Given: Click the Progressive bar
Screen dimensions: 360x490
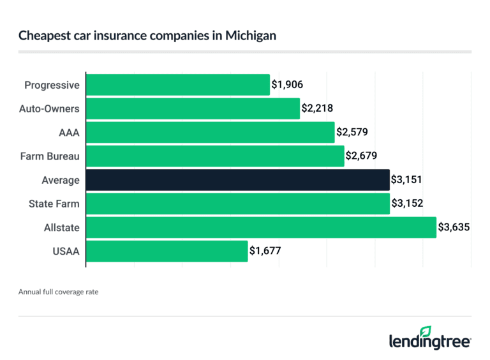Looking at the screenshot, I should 177,85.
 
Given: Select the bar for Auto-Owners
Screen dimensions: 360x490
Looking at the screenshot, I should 193,109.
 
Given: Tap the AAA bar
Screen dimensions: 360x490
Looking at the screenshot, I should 210,132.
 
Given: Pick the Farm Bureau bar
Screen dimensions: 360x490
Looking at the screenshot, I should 215,156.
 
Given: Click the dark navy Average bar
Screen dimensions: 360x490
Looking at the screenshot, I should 237,180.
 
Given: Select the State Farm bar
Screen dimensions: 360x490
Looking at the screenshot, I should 237,204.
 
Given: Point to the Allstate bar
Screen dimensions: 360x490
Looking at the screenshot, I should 261,227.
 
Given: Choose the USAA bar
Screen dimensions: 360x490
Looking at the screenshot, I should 167,251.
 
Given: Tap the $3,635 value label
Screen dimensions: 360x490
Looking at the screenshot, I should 454,227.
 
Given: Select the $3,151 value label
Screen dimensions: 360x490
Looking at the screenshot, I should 406,180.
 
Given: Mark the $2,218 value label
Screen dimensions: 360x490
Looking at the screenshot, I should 316,109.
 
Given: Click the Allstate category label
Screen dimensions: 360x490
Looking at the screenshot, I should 62,227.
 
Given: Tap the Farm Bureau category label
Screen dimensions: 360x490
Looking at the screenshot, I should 52,156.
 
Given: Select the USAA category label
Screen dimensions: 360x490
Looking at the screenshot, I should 67,251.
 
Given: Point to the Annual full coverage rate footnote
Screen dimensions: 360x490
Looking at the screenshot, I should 58,292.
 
